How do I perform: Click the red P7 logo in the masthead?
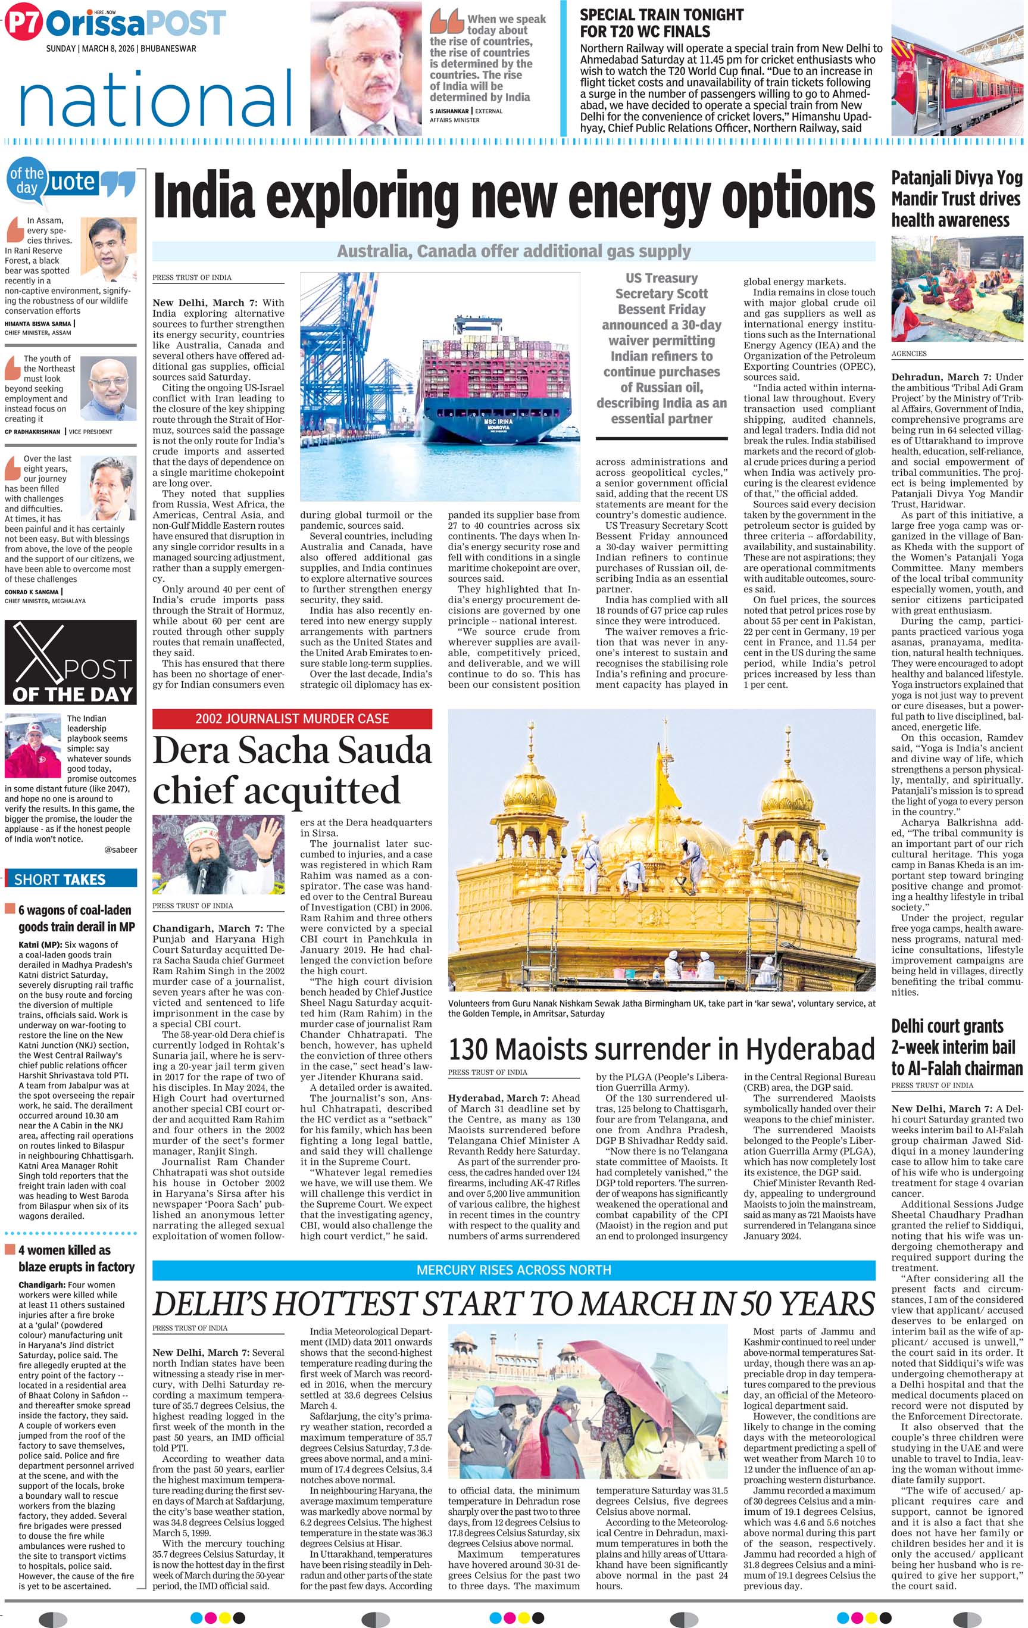(x=24, y=23)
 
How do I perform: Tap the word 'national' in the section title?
(x=155, y=99)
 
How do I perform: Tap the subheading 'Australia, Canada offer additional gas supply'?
(x=514, y=251)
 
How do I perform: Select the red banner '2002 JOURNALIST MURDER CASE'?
(x=292, y=719)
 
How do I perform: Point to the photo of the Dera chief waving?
(x=218, y=856)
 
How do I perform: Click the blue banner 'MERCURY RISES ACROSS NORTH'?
(x=514, y=1270)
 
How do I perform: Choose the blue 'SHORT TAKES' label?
(x=70, y=879)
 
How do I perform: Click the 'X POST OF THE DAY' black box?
(x=70, y=662)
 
